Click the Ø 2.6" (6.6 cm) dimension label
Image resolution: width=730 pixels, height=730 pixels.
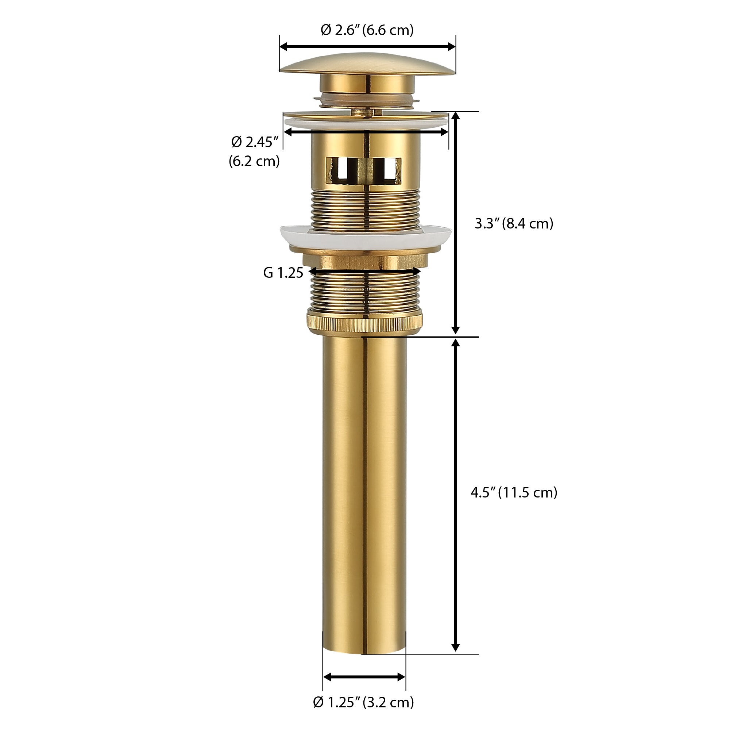[x=367, y=30]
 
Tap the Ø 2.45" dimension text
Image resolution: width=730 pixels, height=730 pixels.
[x=255, y=142]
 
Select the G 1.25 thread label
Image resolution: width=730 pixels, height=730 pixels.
[x=283, y=273]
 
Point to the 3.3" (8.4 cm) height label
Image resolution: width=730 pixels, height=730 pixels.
[x=514, y=223]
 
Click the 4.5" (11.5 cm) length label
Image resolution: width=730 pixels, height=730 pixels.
[x=514, y=493]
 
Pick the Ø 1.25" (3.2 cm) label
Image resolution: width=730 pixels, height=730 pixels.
[x=363, y=702]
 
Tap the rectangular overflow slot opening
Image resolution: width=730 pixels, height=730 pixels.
[x=363, y=169]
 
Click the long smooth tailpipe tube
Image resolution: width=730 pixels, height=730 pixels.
[x=364, y=491]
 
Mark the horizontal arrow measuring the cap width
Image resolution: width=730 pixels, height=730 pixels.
[x=367, y=46]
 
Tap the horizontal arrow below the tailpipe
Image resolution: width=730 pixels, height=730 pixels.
[x=364, y=677]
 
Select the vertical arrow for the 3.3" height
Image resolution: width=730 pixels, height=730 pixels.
[x=456, y=223]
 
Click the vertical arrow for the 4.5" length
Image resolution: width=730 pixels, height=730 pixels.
[x=456, y=495]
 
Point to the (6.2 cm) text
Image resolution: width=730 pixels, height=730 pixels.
[x=254, y=161]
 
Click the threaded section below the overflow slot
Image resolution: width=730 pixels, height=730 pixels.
[x=365, y=210]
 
